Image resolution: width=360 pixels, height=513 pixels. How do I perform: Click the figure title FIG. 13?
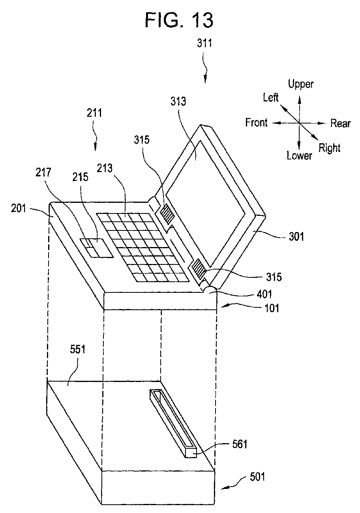180,19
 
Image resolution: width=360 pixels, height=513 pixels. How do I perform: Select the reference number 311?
205,43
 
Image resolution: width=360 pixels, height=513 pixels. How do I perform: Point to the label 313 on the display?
179,102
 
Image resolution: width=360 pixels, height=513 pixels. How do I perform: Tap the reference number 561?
239,444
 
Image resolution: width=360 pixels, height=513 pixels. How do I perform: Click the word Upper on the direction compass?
300,84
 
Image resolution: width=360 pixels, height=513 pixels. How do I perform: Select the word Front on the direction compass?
256,123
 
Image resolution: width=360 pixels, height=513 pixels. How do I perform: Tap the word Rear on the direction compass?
340,124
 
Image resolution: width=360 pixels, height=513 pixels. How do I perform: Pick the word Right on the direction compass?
329,148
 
